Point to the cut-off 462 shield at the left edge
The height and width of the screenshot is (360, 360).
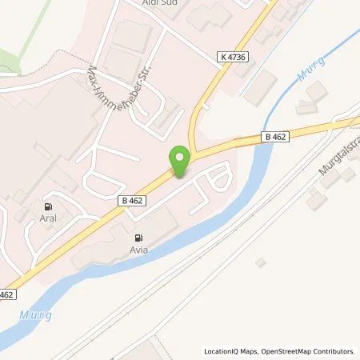[6, 294]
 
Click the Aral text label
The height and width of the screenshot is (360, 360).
[54, 216]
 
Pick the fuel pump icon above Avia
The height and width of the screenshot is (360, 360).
[139, 237]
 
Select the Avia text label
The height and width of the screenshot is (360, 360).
[139, 250]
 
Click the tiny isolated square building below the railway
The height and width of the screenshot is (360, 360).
[260, 262]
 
